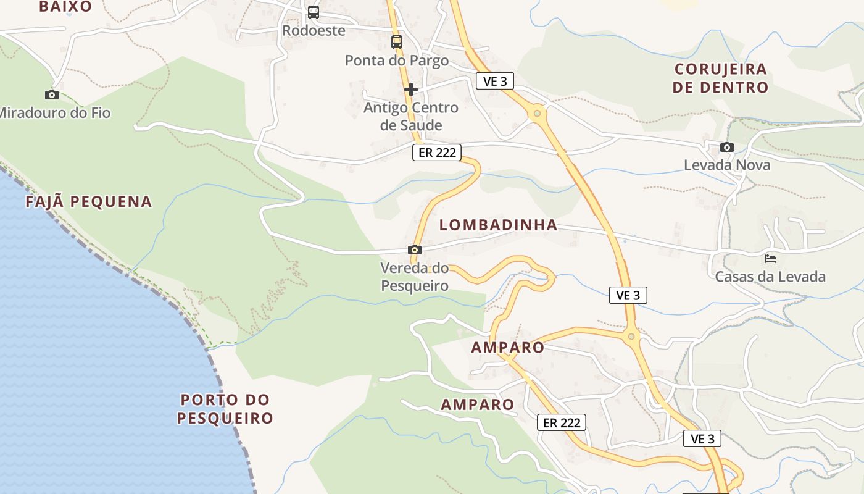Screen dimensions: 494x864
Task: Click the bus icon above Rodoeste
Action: click(x=314, y=12)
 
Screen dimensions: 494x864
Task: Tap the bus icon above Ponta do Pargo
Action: click(x=397, y=42)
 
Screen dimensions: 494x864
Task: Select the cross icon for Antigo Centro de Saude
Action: click(x=411, y=90)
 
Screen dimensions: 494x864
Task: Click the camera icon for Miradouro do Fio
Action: click(x=52, y=94)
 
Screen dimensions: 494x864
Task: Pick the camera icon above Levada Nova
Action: click(x=727, y=147)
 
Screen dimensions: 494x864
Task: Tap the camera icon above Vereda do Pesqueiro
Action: click(x=415, y=250)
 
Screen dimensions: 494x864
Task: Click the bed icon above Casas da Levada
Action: click(x=770, y=258)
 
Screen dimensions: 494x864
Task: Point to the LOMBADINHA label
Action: click(x=498, y=225)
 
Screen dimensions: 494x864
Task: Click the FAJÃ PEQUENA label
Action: click(x=89, y=201)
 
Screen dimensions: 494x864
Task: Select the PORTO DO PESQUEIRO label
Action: click(x=225, y=409)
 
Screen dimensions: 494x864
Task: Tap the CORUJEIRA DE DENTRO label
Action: click(x=720, y=78)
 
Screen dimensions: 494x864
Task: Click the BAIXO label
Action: click(x=65, y=7)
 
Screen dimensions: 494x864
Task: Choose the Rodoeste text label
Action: click(x=314, y=30)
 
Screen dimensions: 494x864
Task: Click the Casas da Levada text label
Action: click(x=770, y=276)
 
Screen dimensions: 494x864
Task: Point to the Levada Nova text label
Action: click(x=727, y=165)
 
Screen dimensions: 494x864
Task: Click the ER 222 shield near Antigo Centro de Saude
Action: click(x=437, y=153)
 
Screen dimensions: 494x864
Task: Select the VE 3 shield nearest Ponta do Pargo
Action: click(x=495, y=81)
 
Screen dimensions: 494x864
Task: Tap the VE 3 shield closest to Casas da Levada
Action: click(x=628, y=295)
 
